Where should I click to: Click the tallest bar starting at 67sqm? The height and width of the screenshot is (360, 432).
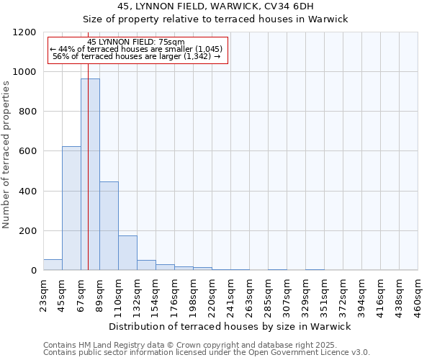point(90,174)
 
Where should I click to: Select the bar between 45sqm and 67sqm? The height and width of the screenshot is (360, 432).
point(71,208)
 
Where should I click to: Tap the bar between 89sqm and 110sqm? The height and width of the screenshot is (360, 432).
point(109,225)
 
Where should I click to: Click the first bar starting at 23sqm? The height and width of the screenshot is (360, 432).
point(53,264)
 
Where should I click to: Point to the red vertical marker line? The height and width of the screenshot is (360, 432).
point(88,166)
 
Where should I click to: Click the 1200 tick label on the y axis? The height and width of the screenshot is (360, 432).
point(24,32)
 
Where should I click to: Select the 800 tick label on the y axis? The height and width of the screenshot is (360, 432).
point(27,112)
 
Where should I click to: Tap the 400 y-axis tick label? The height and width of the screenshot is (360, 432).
point(27,192)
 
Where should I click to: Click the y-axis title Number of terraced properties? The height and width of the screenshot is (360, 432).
point(7,155)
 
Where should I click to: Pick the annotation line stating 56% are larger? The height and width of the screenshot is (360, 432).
point(136,56)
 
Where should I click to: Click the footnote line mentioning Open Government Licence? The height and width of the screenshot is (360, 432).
point(207,353)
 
